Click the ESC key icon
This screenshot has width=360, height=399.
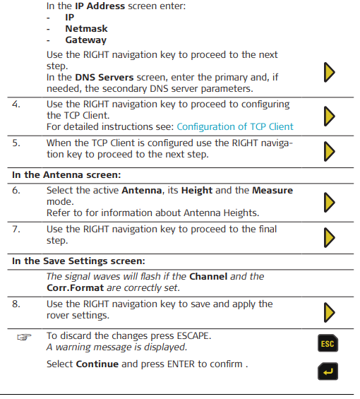coord(328,343)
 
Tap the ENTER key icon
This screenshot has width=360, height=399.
coord(328,371)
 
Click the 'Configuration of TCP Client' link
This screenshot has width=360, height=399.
coord(235,126)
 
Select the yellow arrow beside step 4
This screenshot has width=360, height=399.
coord(330,116)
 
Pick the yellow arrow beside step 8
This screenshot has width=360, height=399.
coord(330,312)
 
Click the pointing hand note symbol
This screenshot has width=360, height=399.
coord(24,337)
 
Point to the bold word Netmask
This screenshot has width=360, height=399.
coord(87,28)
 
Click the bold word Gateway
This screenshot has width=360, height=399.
coord(86,40)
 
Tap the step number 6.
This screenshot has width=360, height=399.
coord(16,191)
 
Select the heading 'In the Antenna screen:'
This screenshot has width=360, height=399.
coord(66,175)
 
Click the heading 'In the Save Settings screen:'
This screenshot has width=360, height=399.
coord(78,261)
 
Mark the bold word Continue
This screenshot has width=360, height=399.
coord(97,364)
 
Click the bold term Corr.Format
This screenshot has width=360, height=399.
coord(76,288)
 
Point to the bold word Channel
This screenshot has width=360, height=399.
coord(208,277)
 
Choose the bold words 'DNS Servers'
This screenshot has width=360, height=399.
coord(104,78)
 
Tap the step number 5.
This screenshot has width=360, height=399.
coord(16,143)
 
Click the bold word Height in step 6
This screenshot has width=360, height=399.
coord(197,191)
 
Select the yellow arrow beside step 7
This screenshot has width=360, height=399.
coord(330,237)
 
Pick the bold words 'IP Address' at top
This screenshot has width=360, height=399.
coord(100,6)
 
